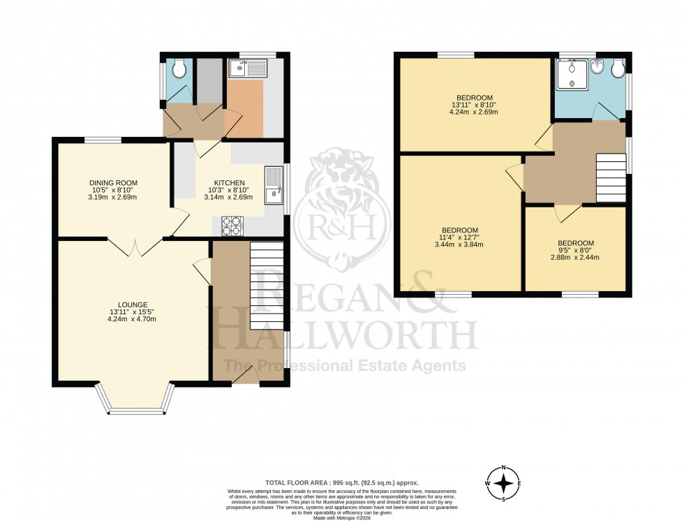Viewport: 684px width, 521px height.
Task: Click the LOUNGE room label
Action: [132, 304]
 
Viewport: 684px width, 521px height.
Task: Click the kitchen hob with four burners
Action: [232, 224]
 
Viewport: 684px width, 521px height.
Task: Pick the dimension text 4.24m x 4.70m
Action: [132, 319]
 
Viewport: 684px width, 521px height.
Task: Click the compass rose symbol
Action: [503, 483]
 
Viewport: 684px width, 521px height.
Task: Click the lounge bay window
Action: [135, 404]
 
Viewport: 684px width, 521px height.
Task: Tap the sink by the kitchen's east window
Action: [272, 189]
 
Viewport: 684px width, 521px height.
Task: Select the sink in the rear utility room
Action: [248, 68]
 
